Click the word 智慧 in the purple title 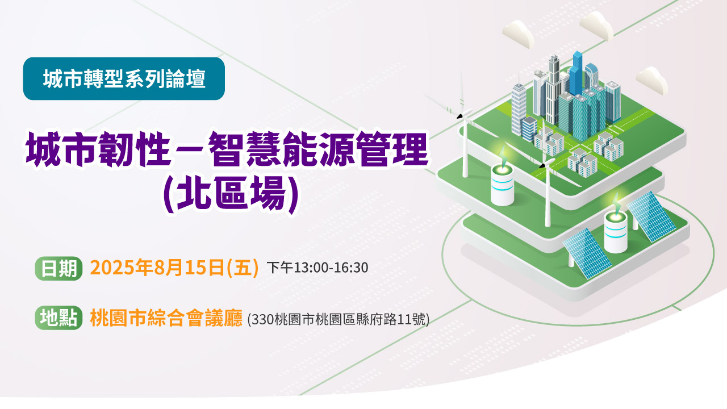[x=244, y=151]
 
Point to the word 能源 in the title [x=318, y=151]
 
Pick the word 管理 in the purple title [x=392, y=151]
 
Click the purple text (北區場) [x=231, y=195]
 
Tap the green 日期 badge [x=59, y=269]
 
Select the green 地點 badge [x=59, y=318]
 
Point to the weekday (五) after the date [x=242, y=268]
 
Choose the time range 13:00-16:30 [x=331, y=268]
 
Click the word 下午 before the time [x=280, y=268]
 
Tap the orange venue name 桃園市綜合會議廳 [x=166, y=318]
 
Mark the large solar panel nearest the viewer [x=587, y=253]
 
